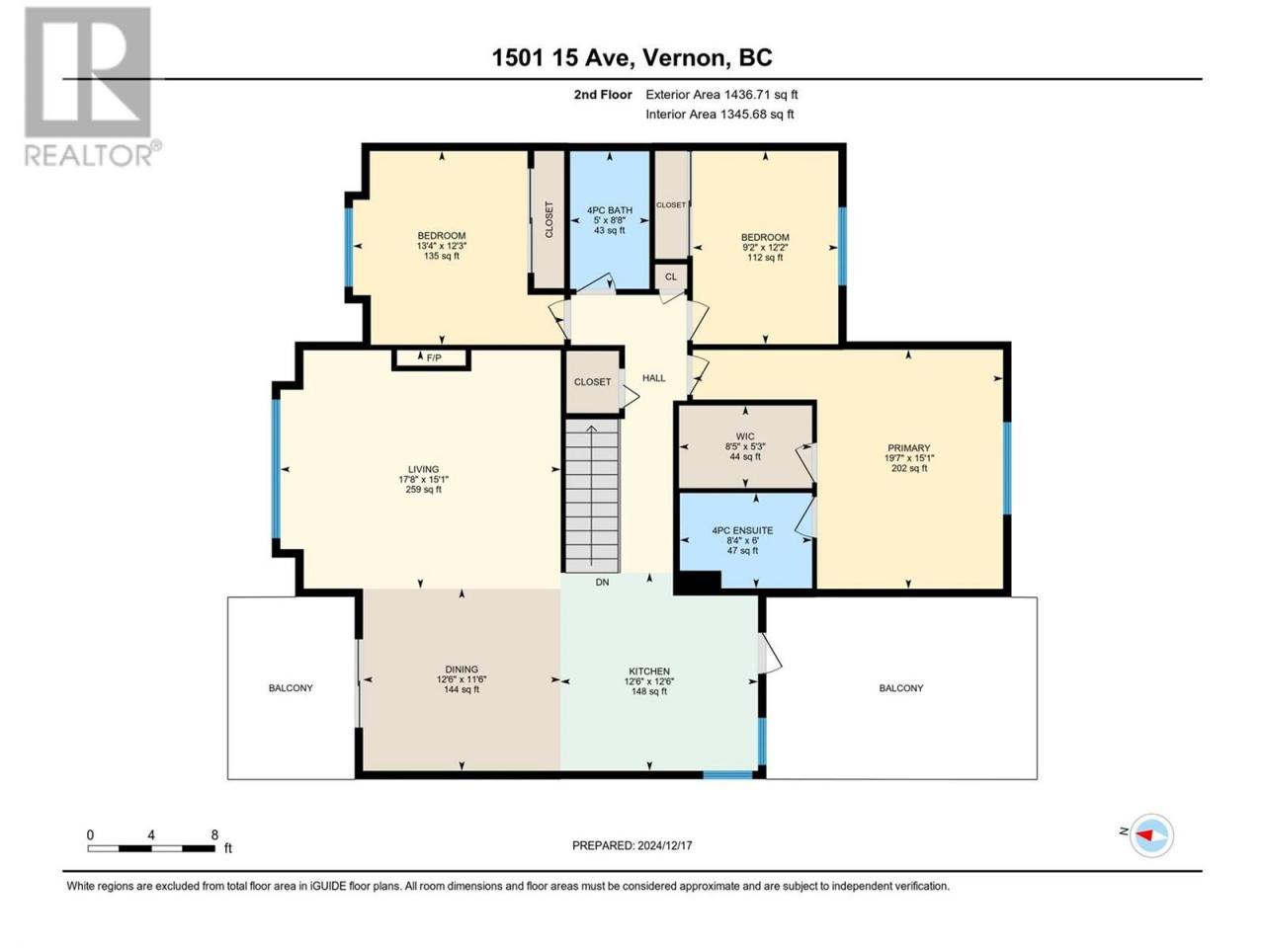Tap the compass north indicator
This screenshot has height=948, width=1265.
click(1146, 835)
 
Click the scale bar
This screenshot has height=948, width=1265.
click(151, 848)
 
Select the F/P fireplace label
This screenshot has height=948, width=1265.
click(434, 358)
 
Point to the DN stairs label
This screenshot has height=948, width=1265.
click(602, 583)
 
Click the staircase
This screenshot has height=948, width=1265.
click(592, 496)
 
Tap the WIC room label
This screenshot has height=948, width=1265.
click(745, 436)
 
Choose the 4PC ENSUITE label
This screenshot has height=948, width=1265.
click(742, 530)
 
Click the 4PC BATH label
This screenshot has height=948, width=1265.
click(609, 210)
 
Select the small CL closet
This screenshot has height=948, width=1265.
click(671, 276)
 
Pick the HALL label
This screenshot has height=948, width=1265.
click(653, 378)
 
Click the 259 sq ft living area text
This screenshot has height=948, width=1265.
click(424, 490)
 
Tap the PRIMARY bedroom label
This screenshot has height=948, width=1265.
click(909, 447)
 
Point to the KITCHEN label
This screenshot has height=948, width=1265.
click(649, 671)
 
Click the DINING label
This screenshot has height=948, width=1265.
click(462, 670)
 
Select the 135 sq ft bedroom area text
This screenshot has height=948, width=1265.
click(442, 256)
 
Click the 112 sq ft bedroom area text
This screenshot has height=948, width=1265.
click(765, 258)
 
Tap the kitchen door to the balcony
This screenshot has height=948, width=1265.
click(769, 654)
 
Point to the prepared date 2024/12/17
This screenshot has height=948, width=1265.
click(664, 845)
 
